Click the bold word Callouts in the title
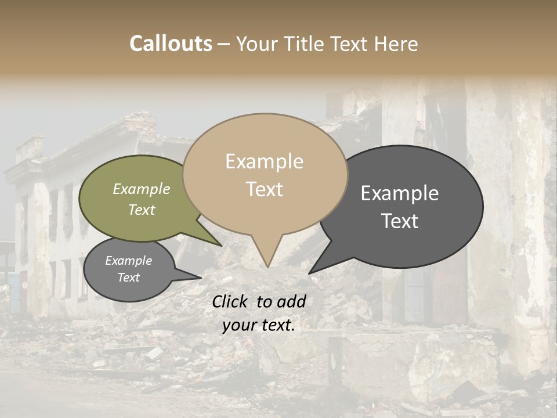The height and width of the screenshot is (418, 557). (x=171, y=44)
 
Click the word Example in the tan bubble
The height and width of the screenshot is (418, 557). (x=264, y=161)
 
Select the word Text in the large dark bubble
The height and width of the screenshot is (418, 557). (x=400, y=221)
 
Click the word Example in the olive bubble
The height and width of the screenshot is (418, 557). (x=142, y=189)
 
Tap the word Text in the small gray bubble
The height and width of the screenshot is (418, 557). (x=129, y=278)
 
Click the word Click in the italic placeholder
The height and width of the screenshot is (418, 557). (x=231, y=301)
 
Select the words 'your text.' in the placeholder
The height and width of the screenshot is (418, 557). (x=259, y=325)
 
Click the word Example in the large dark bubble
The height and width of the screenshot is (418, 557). (x=400, y=193)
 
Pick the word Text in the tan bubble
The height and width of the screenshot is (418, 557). (x=264, y=189)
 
